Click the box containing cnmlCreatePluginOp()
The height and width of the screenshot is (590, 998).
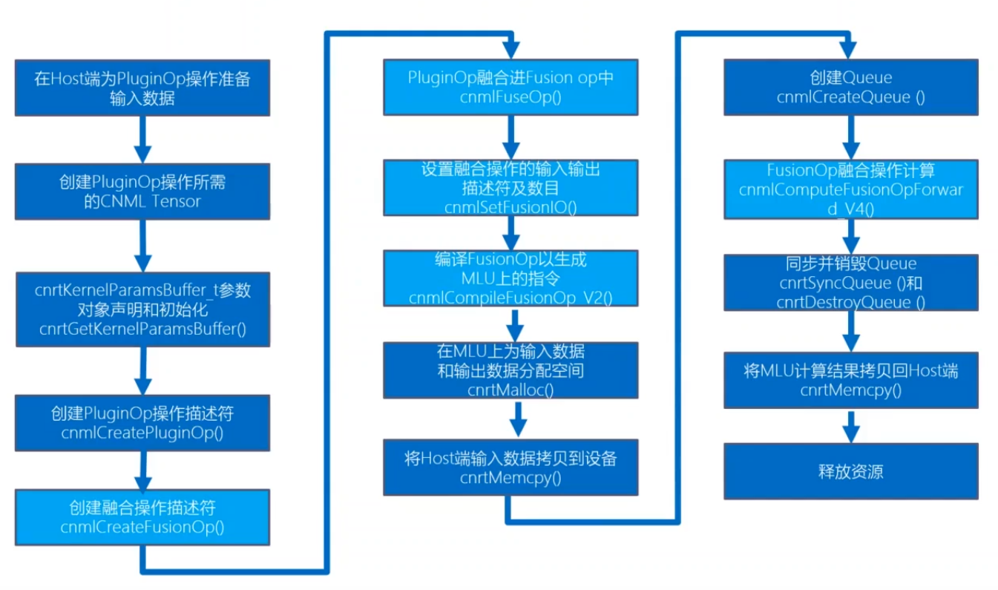pos(142,423)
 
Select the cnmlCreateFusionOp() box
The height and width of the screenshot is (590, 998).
pos(142,517)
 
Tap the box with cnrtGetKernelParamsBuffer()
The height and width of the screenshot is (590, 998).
pos(142,309)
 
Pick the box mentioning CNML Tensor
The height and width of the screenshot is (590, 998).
pos(142,191)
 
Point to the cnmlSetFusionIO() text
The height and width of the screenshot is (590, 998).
pos(511,208)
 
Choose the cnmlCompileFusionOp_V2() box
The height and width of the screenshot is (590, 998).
pos(511,278)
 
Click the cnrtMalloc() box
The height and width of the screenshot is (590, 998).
pos(511,370)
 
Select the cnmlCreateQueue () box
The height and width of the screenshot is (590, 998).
pos(850,88)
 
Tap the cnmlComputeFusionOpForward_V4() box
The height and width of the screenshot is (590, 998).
pos(850,190)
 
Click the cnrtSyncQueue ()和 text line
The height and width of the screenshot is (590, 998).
pos(850,283)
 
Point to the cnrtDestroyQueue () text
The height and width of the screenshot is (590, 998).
pos(850,302)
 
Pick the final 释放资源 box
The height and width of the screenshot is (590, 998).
pos(850,471)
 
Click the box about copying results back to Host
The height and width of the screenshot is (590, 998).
pos(850,379)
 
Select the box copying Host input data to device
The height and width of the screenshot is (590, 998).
pos(511,467)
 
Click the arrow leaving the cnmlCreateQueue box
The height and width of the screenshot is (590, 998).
pos(850,136)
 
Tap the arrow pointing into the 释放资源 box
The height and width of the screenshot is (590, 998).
pos(851,426)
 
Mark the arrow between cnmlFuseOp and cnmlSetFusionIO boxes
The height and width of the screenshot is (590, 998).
pos(511,137)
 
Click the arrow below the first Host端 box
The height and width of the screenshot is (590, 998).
pos(142,139)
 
